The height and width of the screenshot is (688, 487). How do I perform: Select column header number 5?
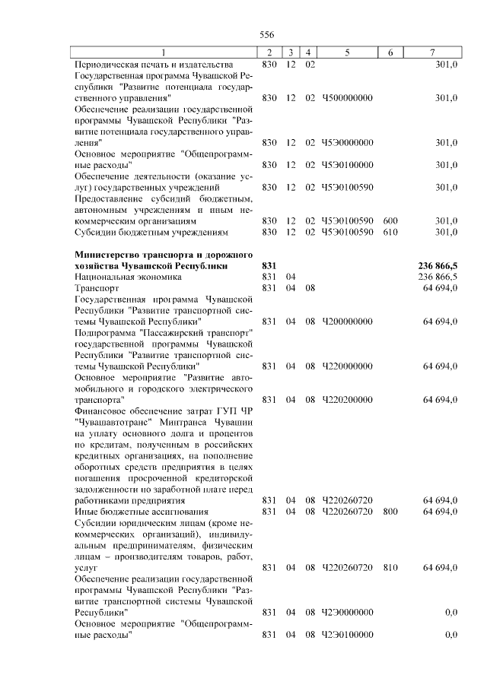[346, 52]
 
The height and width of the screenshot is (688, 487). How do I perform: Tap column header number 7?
[432, 52]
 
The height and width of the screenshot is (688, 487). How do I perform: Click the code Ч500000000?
[348, 98]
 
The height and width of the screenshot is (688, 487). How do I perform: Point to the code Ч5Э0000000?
[348, 142]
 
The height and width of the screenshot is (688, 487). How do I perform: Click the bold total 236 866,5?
[438, 265]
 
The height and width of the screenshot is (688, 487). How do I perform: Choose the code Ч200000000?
[348, 322]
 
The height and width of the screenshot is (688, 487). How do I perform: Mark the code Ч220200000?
[348, 399]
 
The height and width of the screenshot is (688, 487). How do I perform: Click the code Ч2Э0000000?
[348, 612]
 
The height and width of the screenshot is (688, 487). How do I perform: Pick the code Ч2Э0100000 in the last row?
[348, 634]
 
